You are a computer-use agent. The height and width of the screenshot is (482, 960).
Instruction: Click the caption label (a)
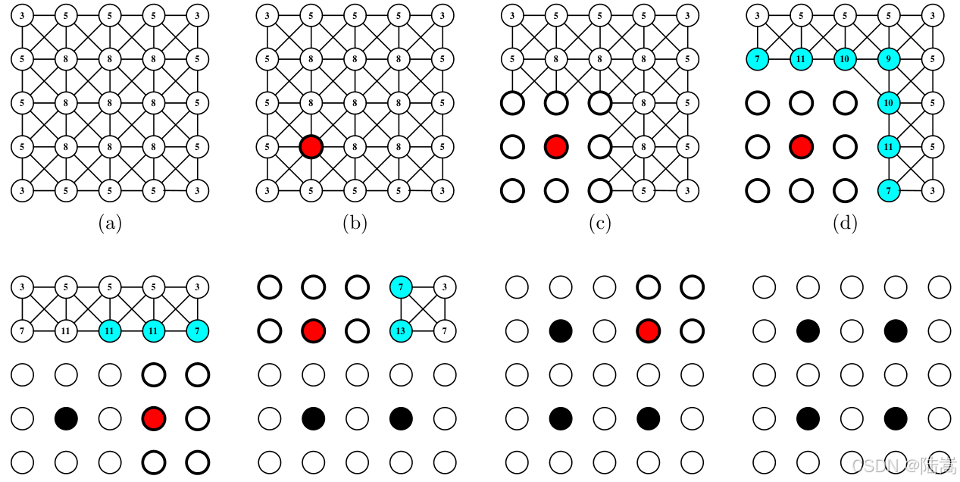point(110,224)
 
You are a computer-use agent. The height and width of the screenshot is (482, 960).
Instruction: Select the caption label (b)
point(355,224)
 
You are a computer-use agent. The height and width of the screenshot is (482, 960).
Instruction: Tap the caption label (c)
point(600,224)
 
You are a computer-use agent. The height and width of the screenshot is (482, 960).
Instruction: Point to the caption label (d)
point(845,224)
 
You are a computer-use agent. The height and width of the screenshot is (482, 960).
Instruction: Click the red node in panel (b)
point(311,146)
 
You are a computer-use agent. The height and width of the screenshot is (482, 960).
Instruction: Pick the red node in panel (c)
point(556,146)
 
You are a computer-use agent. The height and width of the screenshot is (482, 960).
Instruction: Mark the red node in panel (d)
point(801,146)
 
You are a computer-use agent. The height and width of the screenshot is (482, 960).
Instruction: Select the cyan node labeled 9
point(889,58)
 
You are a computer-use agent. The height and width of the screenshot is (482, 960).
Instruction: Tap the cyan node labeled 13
point(400,331)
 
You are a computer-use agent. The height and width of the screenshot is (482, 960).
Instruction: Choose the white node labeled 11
point(66,331)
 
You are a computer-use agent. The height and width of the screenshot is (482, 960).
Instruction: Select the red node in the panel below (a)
point(154,418)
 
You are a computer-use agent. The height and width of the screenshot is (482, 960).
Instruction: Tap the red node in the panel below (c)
point(648,331)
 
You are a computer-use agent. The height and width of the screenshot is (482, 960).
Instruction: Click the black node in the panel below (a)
point(66,418)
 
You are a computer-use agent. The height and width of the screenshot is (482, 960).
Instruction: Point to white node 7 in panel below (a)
point(22,331)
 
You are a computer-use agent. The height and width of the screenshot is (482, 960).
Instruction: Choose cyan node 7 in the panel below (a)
point(198,331)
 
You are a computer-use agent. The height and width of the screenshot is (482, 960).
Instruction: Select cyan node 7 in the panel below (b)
point(400,287)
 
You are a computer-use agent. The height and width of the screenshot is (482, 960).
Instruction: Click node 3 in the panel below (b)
point(444,287)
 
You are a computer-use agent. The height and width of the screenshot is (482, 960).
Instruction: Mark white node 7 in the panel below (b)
point(444,331)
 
